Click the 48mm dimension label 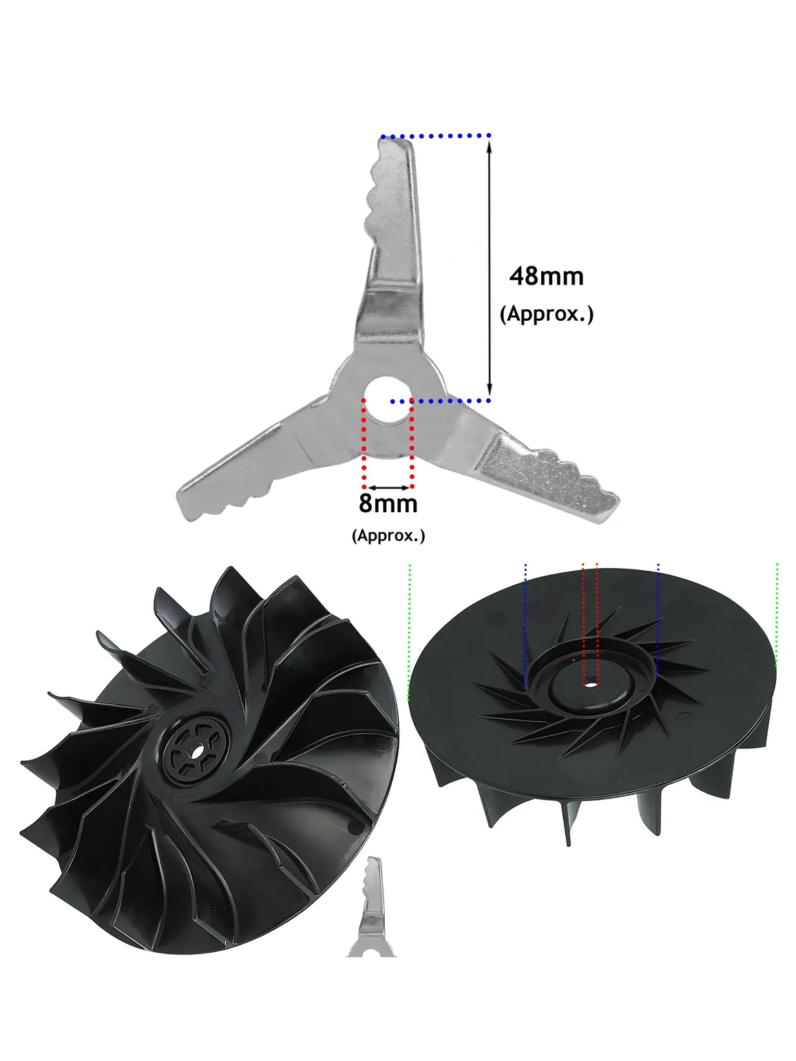tap(546, 277)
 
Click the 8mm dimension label tap(388, 503)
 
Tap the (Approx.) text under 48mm tap(546, 314)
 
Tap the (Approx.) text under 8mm tap(388, 535)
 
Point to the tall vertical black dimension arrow tap(489, 269)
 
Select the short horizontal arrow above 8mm tap(388, 487)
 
